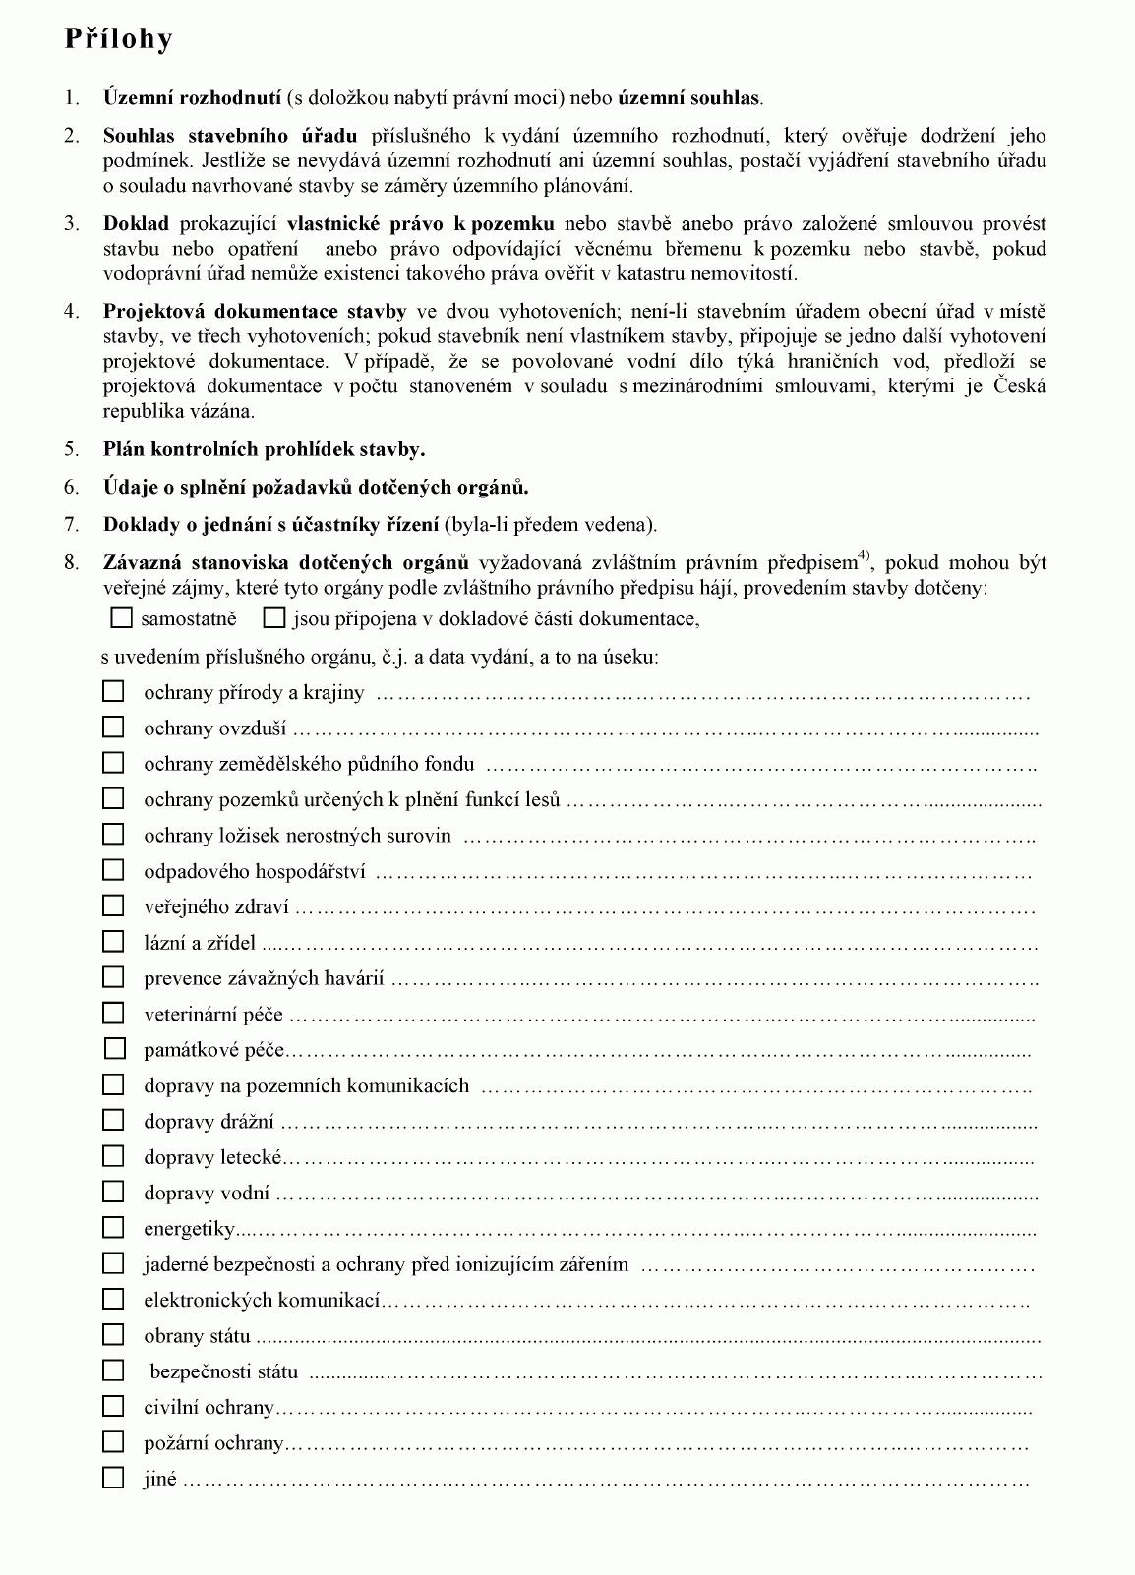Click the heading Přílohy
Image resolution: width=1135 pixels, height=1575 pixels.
(118, 39)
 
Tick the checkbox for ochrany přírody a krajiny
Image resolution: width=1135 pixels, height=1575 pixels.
(114, 691)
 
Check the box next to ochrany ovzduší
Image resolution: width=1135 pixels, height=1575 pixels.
(114, 728)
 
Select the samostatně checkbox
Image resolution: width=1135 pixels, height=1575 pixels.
(121, 618)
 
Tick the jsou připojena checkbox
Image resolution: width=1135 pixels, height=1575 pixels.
(274, 618)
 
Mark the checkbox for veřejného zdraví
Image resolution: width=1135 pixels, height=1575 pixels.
(114, 905)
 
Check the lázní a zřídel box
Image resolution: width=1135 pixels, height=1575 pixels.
(114, 942)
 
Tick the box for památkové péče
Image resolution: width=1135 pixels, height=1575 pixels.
(114, 1049)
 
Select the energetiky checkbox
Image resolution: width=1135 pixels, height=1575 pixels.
(114, 1227)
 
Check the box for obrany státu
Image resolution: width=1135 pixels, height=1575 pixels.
(114, 1334)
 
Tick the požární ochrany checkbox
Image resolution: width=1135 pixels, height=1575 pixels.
(114, 1441)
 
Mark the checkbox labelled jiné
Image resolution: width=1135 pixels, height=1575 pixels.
(114, 1477)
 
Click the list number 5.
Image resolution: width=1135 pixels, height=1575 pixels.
(71, 450)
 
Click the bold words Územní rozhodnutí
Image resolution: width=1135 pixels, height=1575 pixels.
(194, 98)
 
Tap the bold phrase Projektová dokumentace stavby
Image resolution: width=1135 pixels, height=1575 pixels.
(255, 312)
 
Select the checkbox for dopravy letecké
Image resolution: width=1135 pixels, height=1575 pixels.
(114, 1156)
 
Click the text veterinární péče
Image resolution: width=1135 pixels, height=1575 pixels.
(213, 1015)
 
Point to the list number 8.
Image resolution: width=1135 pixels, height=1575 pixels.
(71, 563)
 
